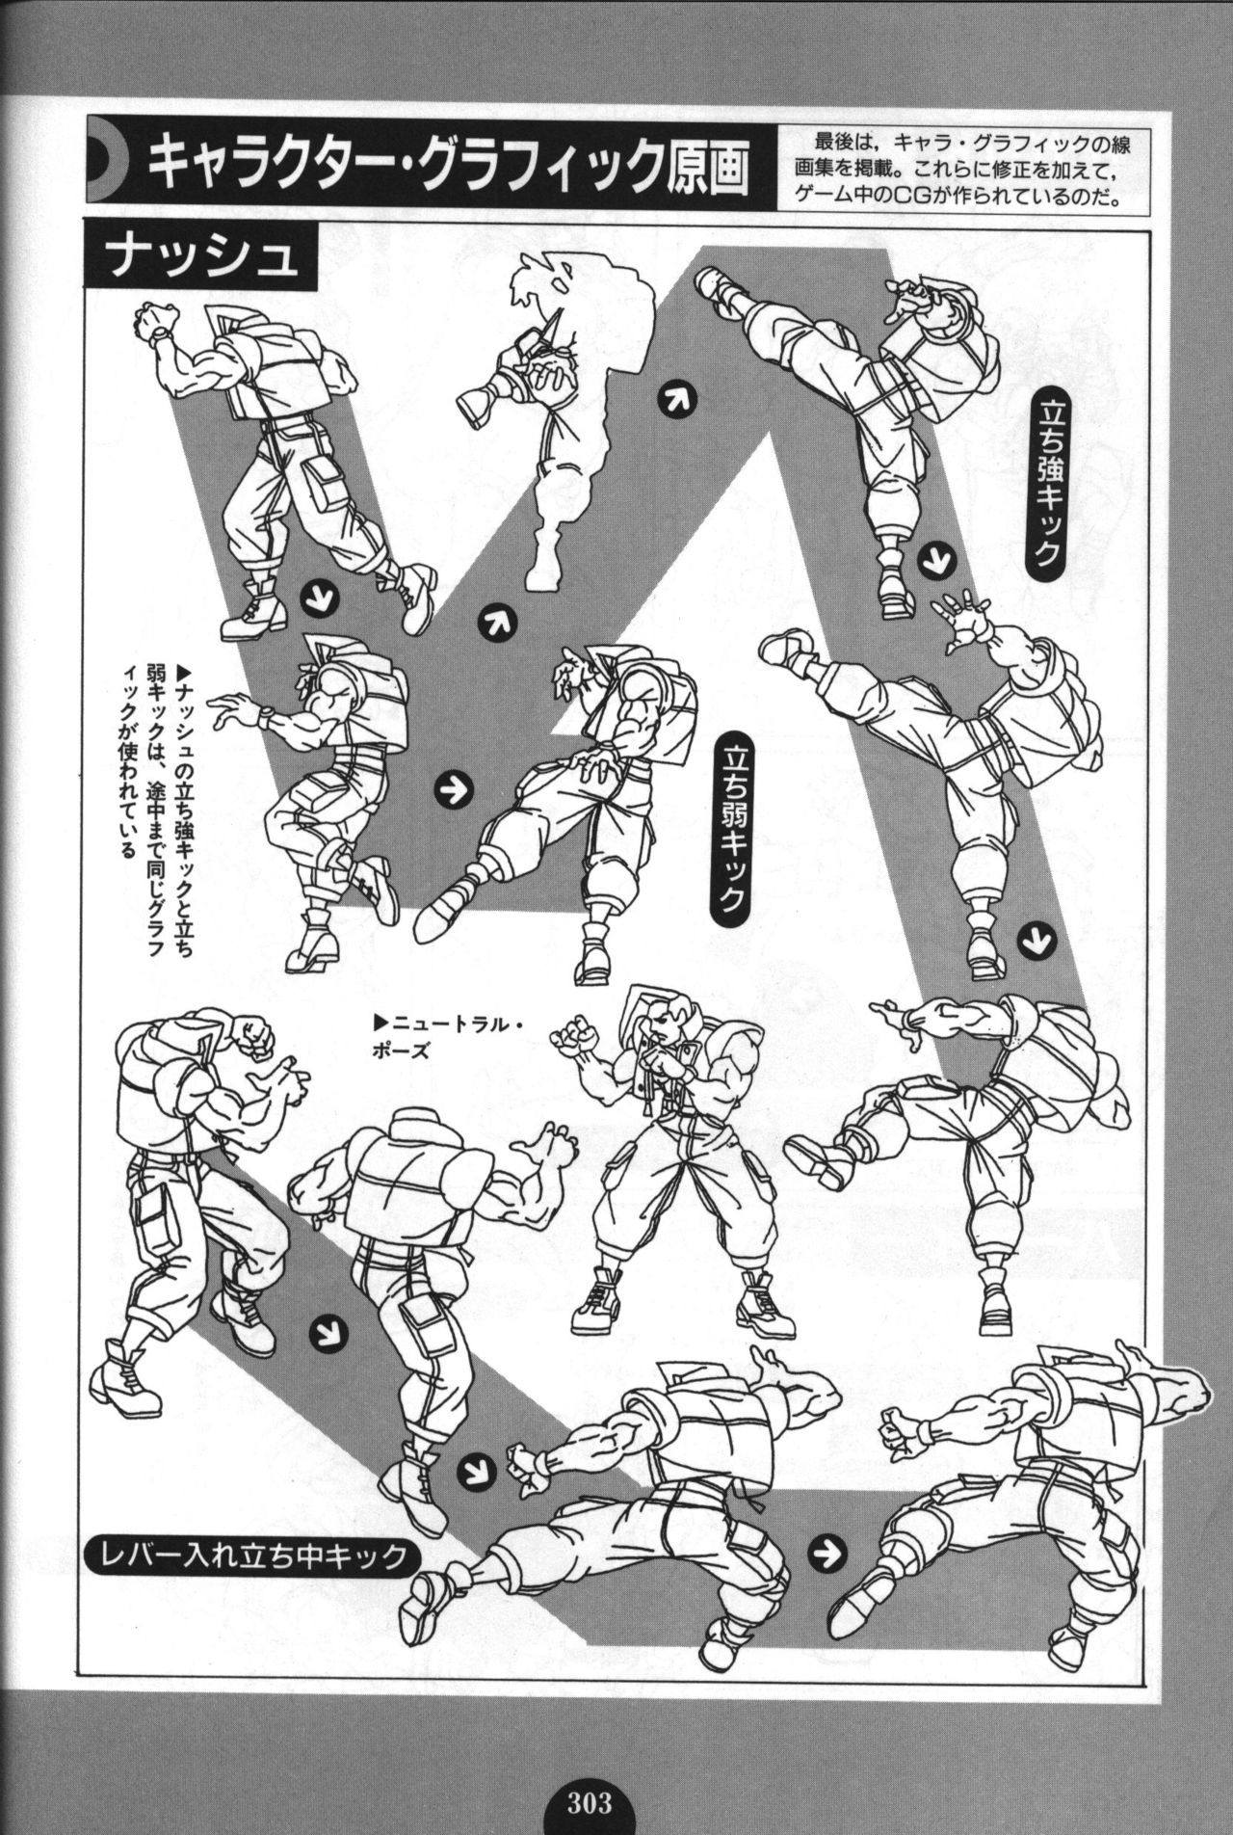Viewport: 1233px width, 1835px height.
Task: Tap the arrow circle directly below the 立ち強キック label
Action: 932,560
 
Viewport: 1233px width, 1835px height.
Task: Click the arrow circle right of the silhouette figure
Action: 674,401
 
